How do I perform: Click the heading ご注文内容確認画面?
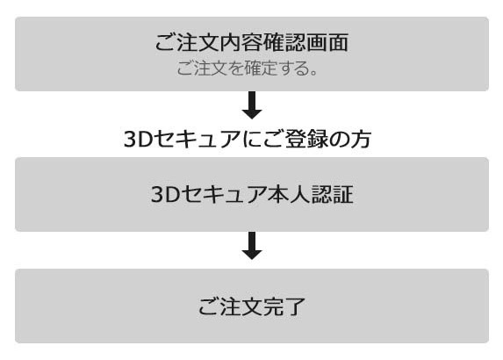pos(252,42)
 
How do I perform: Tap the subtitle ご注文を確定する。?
pos(247,68)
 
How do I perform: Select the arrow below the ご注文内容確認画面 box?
pos(252,105)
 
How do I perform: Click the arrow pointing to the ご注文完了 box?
pos(252,246)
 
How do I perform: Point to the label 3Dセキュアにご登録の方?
pos(248,140)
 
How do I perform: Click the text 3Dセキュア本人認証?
pos(252,194)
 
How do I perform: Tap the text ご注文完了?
pos(252,306)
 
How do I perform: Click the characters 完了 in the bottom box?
pos(284,306)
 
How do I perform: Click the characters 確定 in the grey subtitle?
pos(260,68)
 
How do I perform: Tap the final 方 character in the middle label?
pos(361,140)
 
